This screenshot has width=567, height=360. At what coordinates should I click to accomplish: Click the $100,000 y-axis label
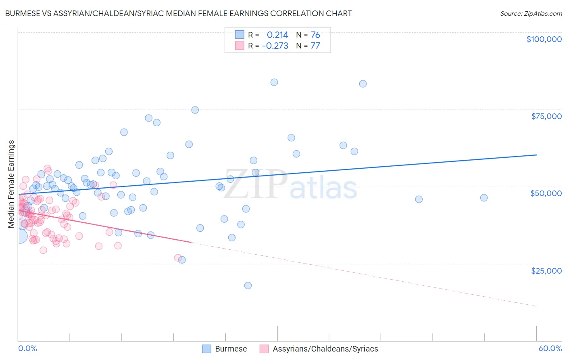pyautogui.click(x=544, y=39)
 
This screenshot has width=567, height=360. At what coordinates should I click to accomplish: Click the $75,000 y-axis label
pyautogui.click(x=546, y=116)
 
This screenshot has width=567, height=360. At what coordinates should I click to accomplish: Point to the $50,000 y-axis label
pyautogui.click(x=546, y=193)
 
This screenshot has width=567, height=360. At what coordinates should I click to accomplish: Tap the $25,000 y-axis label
pyautogui.click(x=546, y=270)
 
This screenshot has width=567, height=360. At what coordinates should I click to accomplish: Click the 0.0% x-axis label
pyautogui.click(x=27, y=348)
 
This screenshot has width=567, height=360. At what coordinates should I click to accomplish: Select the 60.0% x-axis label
pyautogui.click(x=550, y=348)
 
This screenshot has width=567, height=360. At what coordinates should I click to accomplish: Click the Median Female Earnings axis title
pyautogui.click(x=11, y=184)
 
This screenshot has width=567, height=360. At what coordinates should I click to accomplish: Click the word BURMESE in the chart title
pyautogui.click(x=23, y=13)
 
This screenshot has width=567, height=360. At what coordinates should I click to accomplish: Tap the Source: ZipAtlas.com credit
pyautogui.click(x=531, y=13)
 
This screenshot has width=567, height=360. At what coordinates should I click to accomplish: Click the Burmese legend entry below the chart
pyautogui.click(x=231, y=349)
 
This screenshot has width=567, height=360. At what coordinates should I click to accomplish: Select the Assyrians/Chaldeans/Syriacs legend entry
pyautogui.click(x=325, y=349)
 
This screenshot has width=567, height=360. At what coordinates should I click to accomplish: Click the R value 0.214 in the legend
pyautogui.click(x=277, y=35)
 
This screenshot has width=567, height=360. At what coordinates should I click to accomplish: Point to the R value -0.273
pyautogui.click(x=275, y=46)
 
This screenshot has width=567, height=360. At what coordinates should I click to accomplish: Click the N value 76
pyautogui.click(x=315, y=35)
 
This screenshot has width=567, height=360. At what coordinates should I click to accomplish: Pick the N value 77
pyautogui.click(x=315, y=46)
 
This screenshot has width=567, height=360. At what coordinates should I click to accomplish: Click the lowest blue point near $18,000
pyautogui.click(x=248, y=285)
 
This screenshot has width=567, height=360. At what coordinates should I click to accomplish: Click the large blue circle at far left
pyautogui.click(x=20, y=236)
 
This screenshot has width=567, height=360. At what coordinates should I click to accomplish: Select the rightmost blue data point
pyautogui.click(x=484, y=198)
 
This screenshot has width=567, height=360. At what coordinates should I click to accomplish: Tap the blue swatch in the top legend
pyautogui.click(x=240, y=35)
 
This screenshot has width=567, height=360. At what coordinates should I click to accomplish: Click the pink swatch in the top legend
pyautogui.click(x=240, y=46)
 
